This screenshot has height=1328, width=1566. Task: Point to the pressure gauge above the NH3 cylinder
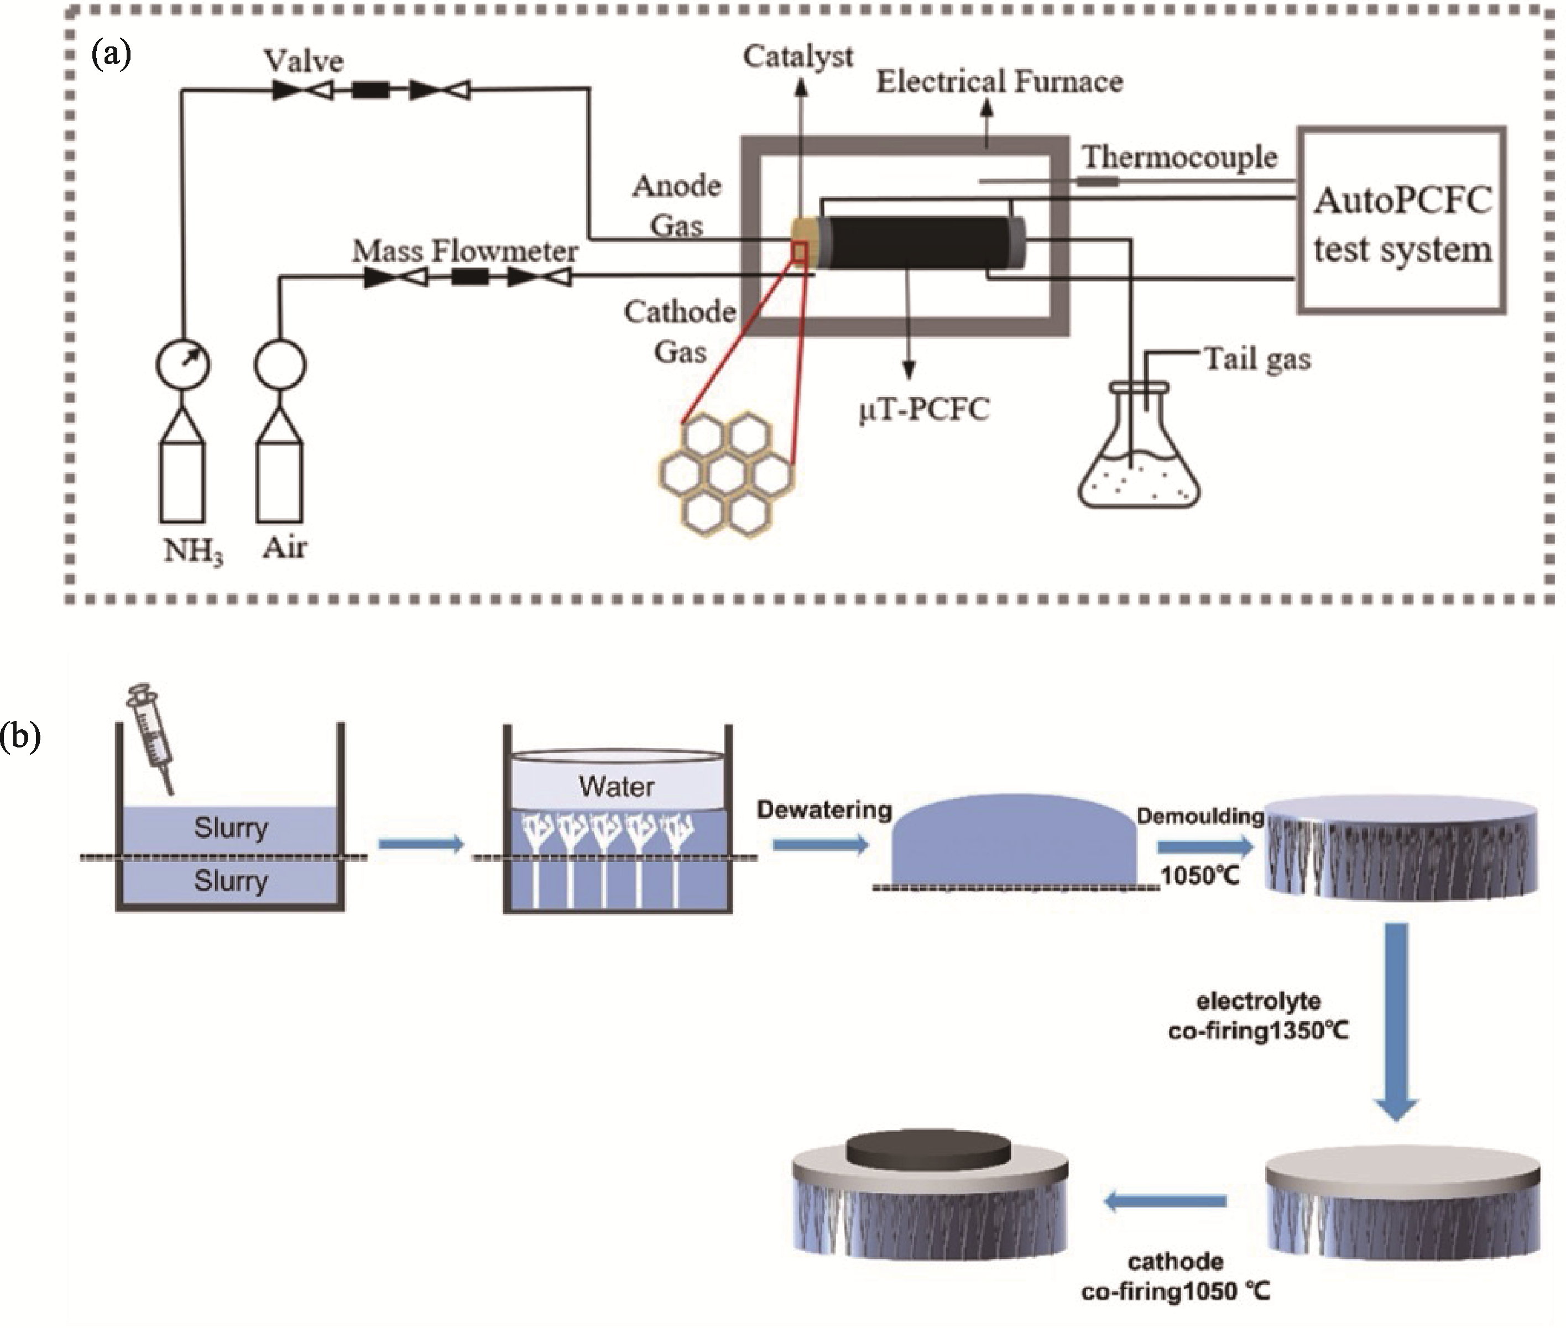pos(183,364)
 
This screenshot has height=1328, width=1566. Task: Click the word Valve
pos(304,61)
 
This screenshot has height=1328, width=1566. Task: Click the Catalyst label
pos(797,56)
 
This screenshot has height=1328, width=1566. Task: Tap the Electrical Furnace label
pos(999,81)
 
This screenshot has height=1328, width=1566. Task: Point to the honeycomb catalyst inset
pos(727,474)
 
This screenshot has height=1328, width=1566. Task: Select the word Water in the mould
pos(617,787)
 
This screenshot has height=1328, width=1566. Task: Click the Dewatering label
pos(824,810)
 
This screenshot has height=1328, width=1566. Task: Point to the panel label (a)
pos(111,54)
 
